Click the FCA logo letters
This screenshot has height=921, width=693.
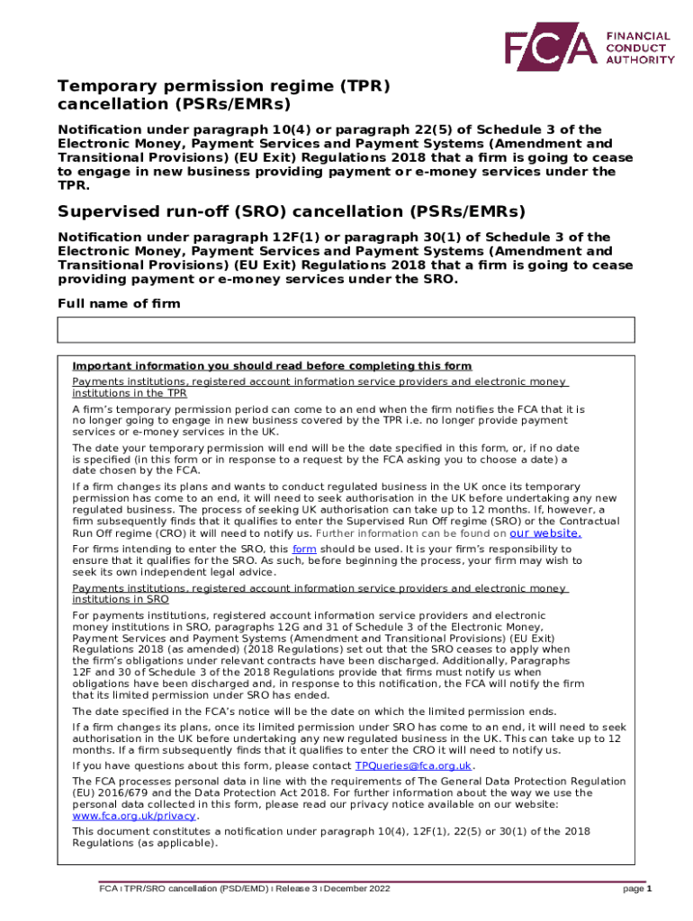[548, 47]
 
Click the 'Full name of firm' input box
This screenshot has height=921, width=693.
[346, 330]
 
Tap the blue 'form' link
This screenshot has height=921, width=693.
[304, 549]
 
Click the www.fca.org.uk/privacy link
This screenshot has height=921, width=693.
[133, 816]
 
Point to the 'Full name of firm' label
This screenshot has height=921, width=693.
[119, 304]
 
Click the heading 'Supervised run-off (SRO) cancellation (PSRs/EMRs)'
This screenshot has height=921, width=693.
[292, 211]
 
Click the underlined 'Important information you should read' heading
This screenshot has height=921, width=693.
[272, 366]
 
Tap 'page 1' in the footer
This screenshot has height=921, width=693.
[637, 889]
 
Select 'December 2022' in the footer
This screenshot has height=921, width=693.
[358, 889]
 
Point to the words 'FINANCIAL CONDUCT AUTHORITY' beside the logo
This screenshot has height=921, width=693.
[639, 47]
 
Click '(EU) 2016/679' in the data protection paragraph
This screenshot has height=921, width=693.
[110, 793]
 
